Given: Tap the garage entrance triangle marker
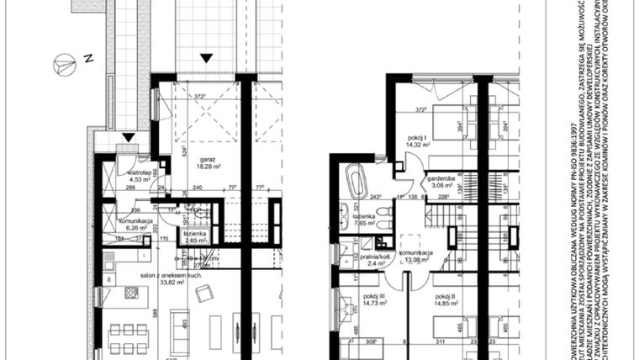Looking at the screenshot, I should click(x=204, y=57).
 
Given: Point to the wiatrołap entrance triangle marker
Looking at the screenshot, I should click(x=127, y=137).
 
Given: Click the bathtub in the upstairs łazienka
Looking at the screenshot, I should click(x=355, y=181).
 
